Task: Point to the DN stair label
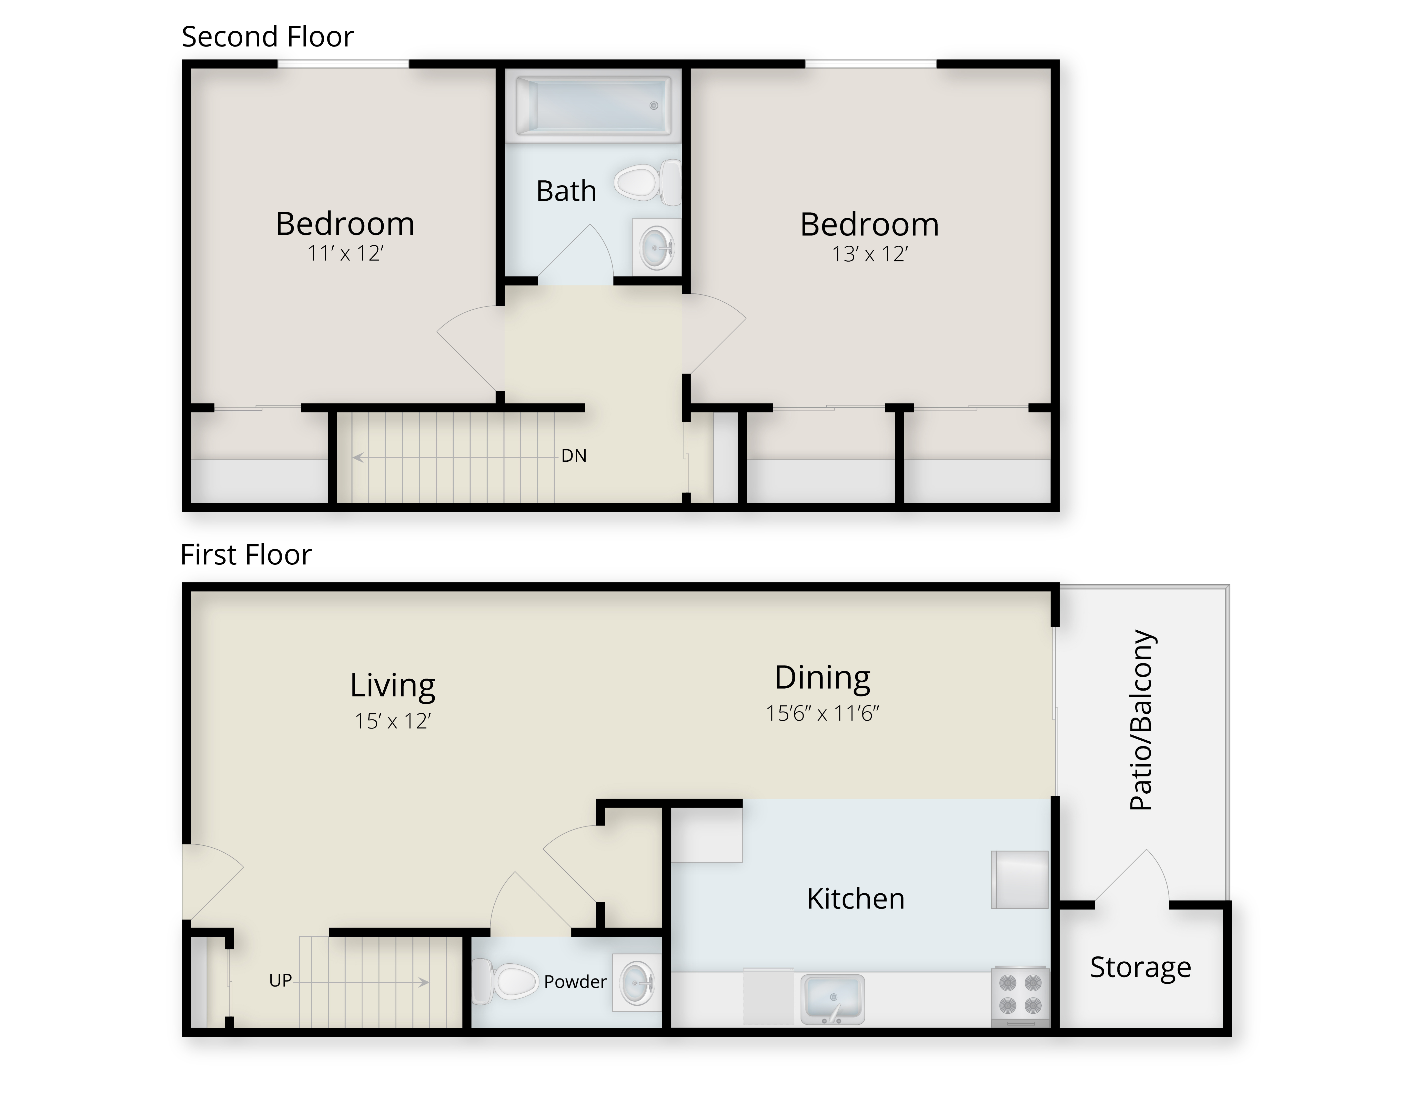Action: click(x=574, y=456)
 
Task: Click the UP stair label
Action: click(x=280, y=980)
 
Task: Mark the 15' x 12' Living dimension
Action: click(x=392, y=721)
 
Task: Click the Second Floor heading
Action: click(x=267, y=37)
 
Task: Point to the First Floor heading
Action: click(x=246, y=555)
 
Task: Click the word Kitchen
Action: click(x=855, y=899)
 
